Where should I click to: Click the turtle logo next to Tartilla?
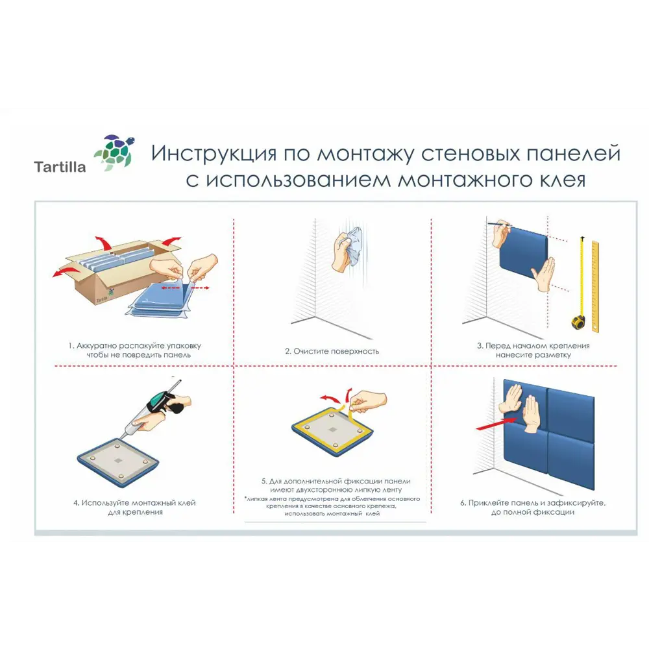114,153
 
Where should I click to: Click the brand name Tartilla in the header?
60,167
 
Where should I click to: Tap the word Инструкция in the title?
215,154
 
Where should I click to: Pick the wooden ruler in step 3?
594,286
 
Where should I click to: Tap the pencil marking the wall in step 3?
500,225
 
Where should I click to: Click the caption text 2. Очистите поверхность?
332,351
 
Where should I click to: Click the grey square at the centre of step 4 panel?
117,460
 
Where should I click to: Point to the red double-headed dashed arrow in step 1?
185,286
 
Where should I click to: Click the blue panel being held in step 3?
523,257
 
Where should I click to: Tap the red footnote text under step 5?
332,506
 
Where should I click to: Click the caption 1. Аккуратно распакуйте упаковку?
136,350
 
